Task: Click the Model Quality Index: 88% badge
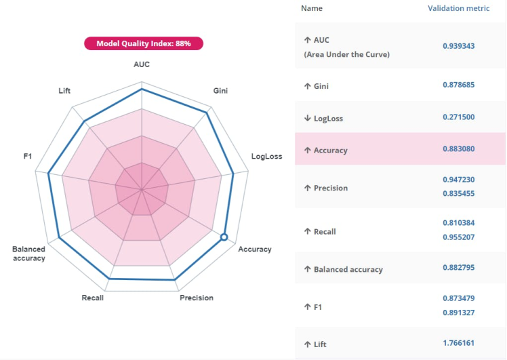pos(143,43)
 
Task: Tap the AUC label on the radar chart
pos(142,64)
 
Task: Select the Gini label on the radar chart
pos(220,90)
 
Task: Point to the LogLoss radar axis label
pos(266,157)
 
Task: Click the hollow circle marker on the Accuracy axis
pos(224,237)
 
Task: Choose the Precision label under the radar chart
pos(197,298)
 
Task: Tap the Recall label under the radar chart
pos(92,298)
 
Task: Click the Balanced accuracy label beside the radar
pos(28,254)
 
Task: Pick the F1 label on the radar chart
pos(28,157)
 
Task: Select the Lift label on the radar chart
pos(64,90)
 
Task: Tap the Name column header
pos(311,9)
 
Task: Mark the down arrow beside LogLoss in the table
pos(308,118)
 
